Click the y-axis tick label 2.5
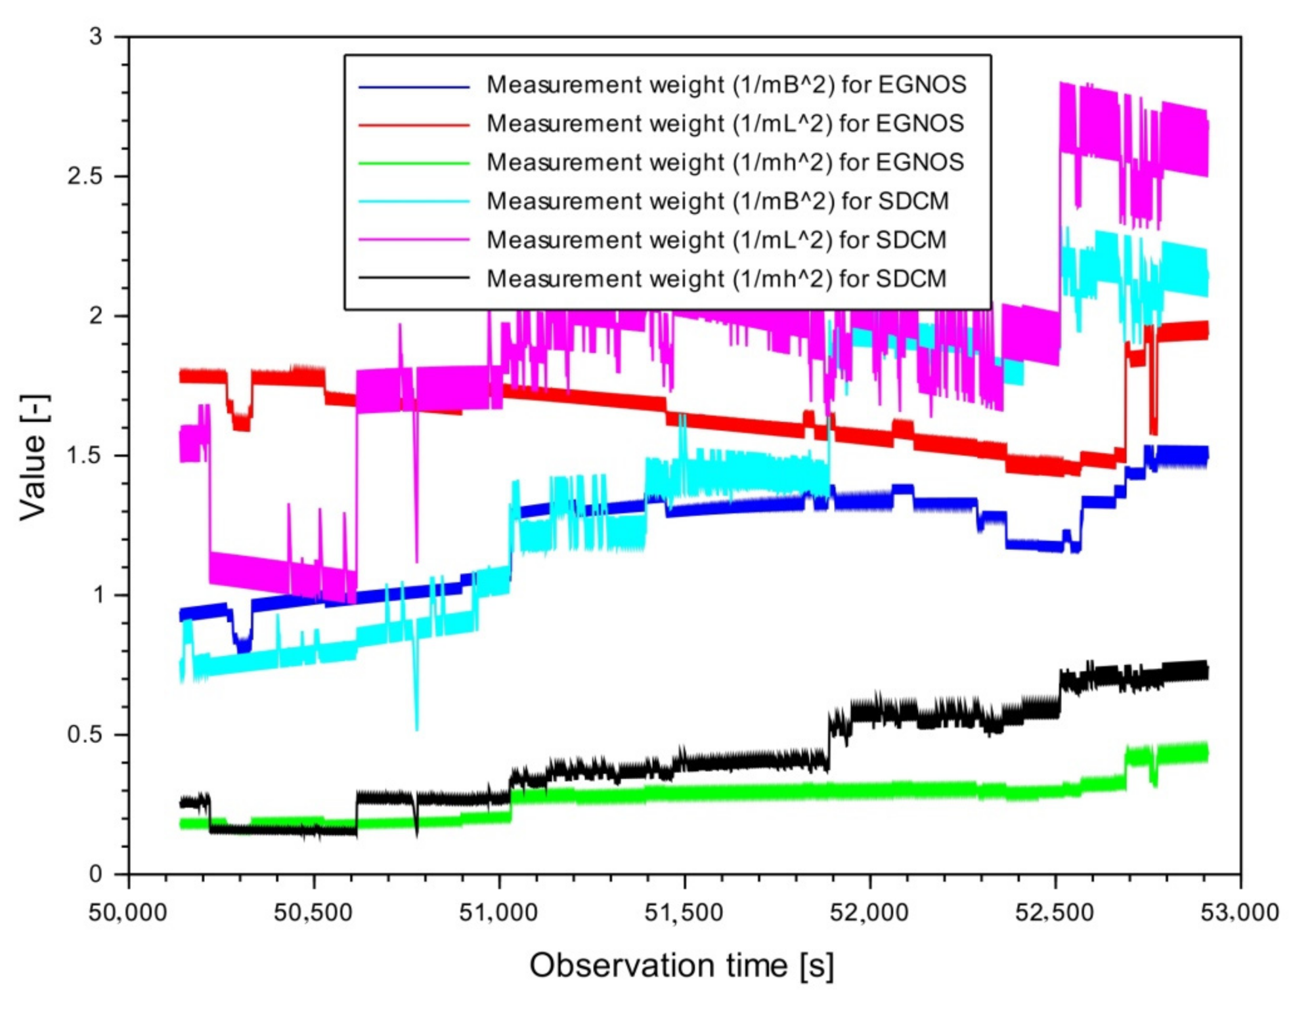(85, 177)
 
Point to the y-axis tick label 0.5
(85, 734)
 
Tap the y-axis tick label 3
(97, 37)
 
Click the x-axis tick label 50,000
(128, 913)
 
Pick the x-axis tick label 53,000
(1239, 913)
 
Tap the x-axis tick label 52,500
(1055, 913)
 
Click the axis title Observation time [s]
(682, 965)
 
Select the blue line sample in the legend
(414, 86)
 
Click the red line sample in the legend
(414, 125)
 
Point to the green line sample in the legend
(414, 163)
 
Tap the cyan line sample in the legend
(414, 201)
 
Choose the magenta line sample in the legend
(414, 240)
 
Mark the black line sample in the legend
(414, 279)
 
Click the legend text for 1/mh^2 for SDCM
(716, 279)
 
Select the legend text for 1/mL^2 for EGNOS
(725, 124)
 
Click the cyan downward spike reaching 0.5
(416, 722)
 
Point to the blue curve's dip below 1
(243, 643)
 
